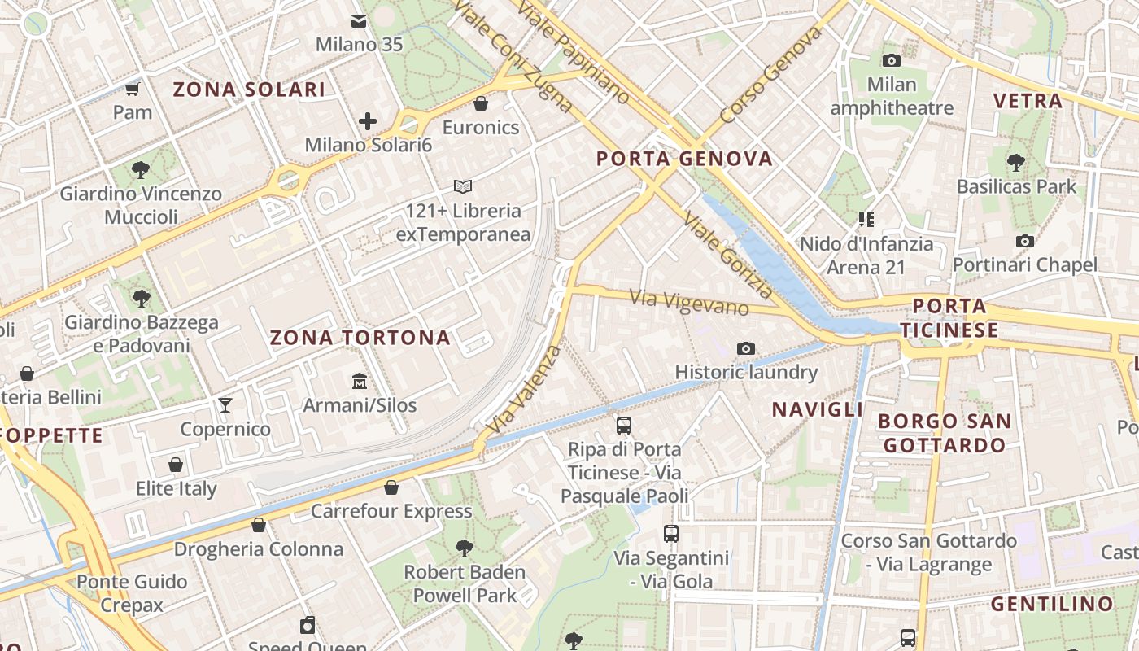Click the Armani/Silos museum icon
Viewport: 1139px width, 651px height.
tap(359, 381)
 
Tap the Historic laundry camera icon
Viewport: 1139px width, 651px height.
tap(745, 349)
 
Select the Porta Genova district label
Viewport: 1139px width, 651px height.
tap(684, 159)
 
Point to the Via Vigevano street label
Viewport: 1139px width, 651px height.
tap(689, 302)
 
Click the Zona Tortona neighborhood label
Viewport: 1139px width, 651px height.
tap(360, 338)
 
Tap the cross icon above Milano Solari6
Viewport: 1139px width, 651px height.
tap(368, 122)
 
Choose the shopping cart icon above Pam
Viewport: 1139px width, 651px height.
tap(133, 89)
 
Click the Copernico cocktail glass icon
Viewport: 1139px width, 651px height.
tap(225, 405)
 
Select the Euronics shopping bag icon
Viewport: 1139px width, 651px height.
tap(481, 103)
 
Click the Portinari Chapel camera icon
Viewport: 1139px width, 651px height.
tap(1024, 241)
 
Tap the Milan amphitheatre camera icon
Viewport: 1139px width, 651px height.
tap(892, 60)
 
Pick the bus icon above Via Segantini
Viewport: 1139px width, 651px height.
tap(671, 534)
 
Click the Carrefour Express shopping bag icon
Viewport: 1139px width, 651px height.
tap(391, 487)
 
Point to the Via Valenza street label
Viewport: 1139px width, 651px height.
tap(526, 389)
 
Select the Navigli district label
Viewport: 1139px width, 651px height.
tap(817, 409)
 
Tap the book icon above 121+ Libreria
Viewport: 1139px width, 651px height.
tap(463, 187)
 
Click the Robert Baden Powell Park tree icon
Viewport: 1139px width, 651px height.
tap(465, 548)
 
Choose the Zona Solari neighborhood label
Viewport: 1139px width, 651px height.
tap(249, 90)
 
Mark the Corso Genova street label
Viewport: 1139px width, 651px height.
tap(771, 74)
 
